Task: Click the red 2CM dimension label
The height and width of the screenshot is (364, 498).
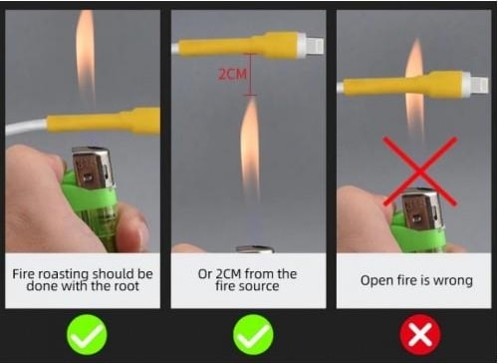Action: coord(233,74)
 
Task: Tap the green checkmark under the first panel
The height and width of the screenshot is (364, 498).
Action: coord(87,335)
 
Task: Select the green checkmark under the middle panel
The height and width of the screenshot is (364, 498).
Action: coord(253,335)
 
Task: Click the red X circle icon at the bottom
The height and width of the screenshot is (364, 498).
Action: coord(420,335)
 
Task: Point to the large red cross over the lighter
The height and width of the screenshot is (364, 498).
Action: coord(420,172)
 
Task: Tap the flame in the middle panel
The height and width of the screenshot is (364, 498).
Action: coord(250,147)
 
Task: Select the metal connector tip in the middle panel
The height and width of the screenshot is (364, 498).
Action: coord(314,46)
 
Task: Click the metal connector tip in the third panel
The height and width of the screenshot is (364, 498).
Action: coord(478,86)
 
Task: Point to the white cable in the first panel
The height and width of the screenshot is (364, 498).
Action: coord(26,128)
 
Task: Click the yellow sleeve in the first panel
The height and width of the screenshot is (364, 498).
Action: coord(104,122)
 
